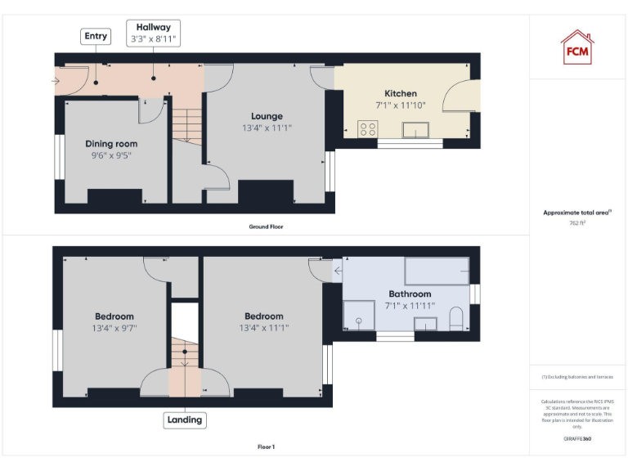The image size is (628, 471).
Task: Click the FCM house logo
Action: tap(576, 47)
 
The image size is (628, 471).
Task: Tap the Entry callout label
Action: tap(95, 36)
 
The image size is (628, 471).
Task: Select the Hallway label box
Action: tap(153, 34)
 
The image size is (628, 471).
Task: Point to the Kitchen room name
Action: tap(401, 94)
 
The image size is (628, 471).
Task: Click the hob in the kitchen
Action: tap(368, 128)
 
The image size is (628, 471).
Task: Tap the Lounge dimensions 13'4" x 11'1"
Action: tap(267, 128)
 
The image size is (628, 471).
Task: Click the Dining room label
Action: tap(111, 144)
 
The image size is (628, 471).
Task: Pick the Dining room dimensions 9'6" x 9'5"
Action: tap(111, 155)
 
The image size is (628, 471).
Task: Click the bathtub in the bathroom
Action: tap(437, 271)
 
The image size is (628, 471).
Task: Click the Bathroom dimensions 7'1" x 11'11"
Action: tap(410, 306)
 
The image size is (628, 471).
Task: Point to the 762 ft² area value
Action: tap(577, 222)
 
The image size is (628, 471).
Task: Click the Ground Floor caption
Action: tap(267, 227)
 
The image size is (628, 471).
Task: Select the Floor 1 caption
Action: tap(266, 447)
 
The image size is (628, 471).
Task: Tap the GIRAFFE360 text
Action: tap(577, 439)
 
